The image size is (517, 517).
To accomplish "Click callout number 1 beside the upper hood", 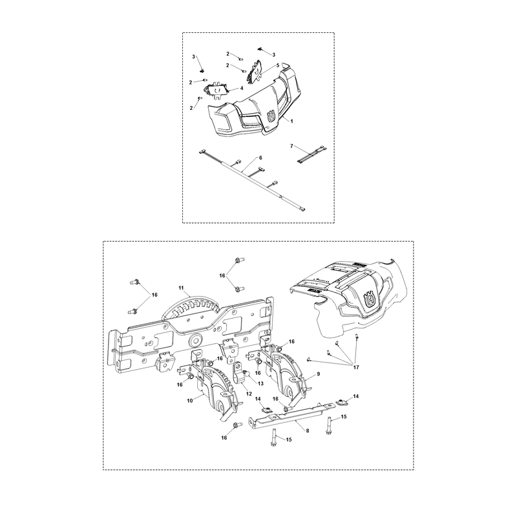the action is pyautogui.click(x=291, y=121).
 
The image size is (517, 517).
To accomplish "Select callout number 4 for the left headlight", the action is pyautogui.click(x=241, y=88).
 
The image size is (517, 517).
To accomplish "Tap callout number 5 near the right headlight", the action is pyautogui.click(x=278, y=65).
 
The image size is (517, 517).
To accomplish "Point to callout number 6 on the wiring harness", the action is pyautogui.click(x=260, y=158).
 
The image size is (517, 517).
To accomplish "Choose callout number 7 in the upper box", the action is pyautogui.click(x=291, y=146).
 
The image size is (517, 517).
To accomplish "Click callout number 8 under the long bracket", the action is pyautogui.click(x=308, y=430).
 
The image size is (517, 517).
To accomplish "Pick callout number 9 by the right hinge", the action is pyautogui.click(x=318, y=374).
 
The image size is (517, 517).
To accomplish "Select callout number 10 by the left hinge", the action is pyautogui.click(x=189, y=401).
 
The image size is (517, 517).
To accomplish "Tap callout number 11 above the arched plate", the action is pyautogui.click(x=181, y=288).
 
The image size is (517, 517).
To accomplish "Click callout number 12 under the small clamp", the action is pyautogui.click(x=249, y=394).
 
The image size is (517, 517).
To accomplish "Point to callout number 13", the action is pyautogui.click(x=260, y=383).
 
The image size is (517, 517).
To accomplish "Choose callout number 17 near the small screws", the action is pyautogui.click(x=355, y=367).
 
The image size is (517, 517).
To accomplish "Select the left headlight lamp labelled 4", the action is pyautogui.click(x=216, y=90).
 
